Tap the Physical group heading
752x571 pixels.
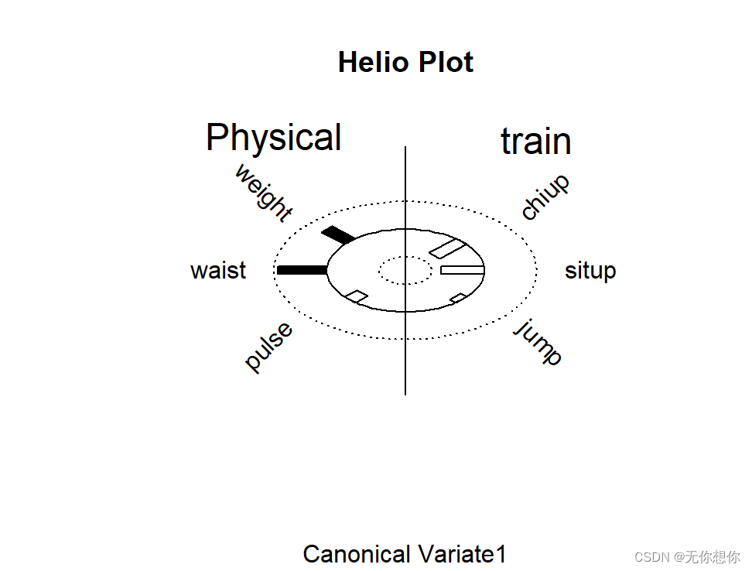[x=273, y=138]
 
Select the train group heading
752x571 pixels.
[x=535, y=142]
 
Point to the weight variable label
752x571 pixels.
[x=264, y=193]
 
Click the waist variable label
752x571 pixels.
[x=218, y=271]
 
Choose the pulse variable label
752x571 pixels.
[x=269, y=347]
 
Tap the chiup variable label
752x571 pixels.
[x=545, y=197]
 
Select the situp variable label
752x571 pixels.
[x=590, y=271]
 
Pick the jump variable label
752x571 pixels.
[x=538, y=342]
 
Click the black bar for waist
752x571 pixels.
[x=303, y=270]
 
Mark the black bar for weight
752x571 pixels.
[x=338, y=234]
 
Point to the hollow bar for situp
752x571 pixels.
[x=462, y=270]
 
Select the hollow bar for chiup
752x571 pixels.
[x=447, y=249]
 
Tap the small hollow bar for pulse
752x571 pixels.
[x=357, y=296]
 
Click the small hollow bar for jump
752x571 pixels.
[x=458, y=298]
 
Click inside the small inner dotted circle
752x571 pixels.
[x=405, y=270]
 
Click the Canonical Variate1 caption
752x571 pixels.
[x=405, y=554]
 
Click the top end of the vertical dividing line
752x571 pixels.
[x=405, y=147]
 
